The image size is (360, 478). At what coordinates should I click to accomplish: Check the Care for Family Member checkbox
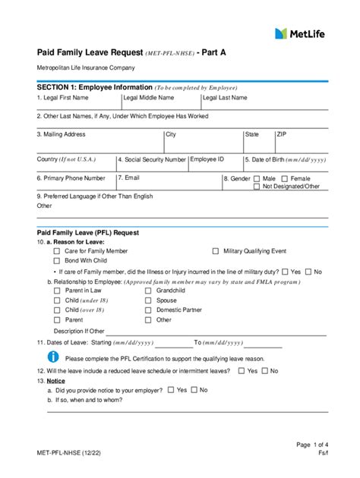57,250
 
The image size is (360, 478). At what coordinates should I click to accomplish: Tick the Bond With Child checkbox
57,260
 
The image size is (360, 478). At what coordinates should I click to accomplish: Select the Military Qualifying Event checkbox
216,250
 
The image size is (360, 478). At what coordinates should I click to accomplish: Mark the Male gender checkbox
256,179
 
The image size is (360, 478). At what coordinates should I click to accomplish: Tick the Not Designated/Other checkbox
256,187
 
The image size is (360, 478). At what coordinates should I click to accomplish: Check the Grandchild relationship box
148,291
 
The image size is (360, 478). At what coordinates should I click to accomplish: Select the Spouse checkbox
148,300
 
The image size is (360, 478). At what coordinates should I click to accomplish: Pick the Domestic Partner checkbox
148,310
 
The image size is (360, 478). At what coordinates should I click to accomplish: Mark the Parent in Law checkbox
57,291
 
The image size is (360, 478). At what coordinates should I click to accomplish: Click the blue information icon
53,356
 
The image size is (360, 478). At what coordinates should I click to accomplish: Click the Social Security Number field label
152,160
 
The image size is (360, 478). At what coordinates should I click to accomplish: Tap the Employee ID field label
207,159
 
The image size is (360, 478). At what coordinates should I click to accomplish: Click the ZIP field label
282,134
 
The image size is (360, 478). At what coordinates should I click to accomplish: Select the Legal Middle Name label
149,98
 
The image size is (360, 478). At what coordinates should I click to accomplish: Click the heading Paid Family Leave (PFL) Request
88,232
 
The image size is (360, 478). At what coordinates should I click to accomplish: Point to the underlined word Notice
55,381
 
